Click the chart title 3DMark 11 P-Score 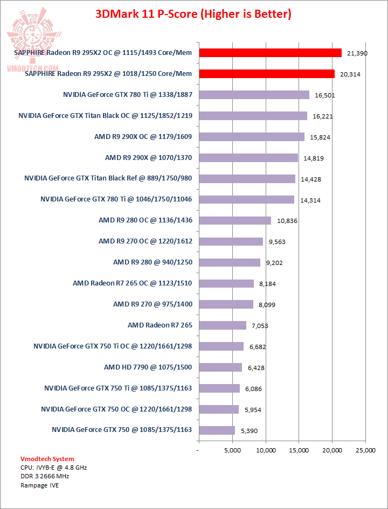[193, 15]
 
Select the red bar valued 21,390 [270, 53]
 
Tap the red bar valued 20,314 [267, 74]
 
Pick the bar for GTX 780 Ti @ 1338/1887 [254, 95]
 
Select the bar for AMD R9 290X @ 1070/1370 [248, 158]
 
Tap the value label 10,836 [287, 221]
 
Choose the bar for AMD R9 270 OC [231, 241]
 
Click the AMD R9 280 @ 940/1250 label [153, 262]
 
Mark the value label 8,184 [269, 284]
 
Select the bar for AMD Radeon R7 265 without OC [222, 325]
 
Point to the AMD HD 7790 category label [148, 367]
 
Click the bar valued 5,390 [217, 430]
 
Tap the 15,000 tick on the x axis [299, 451]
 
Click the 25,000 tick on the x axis [365, 451]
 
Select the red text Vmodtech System [47, 459]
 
